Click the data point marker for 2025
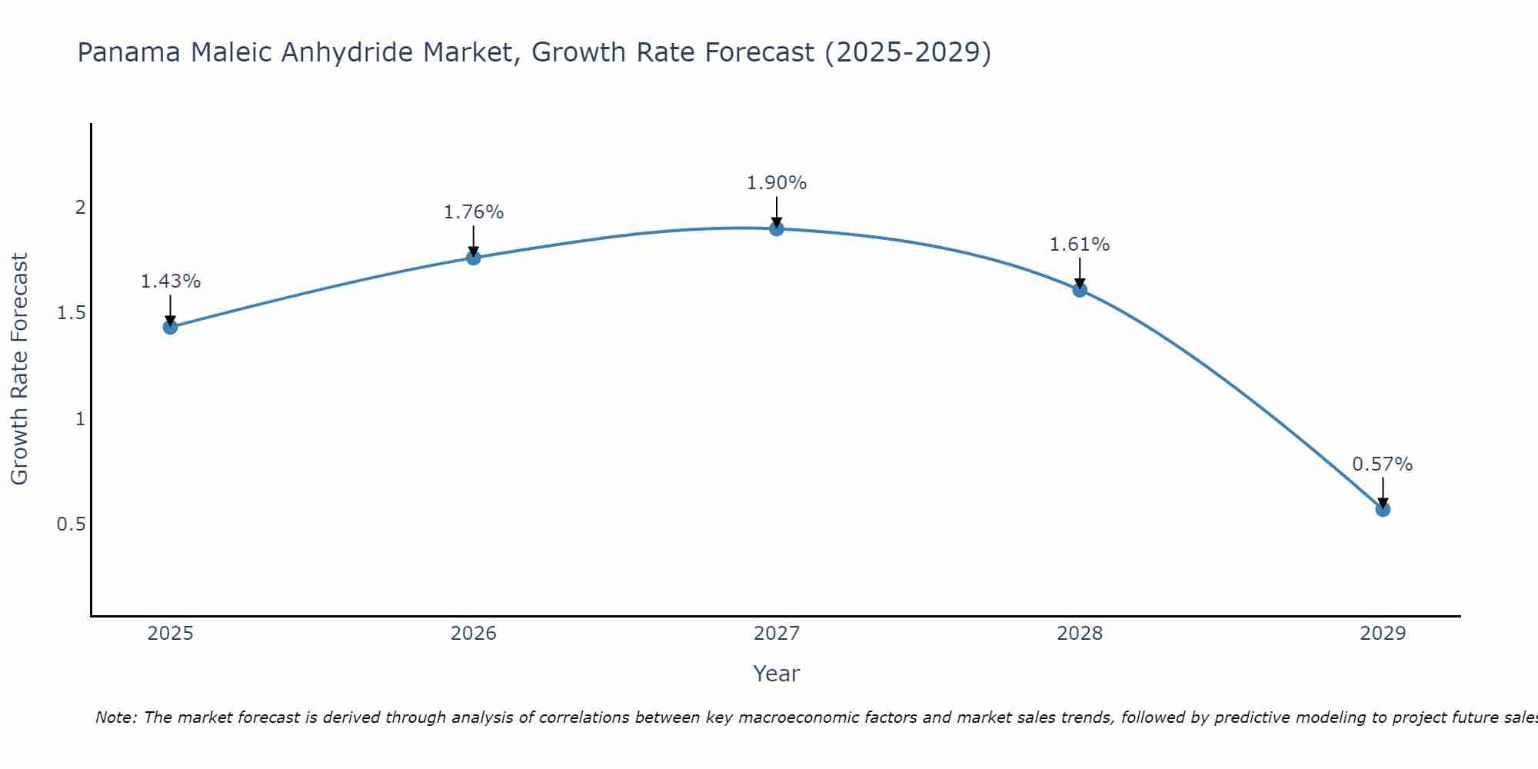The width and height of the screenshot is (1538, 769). tap(170, 327)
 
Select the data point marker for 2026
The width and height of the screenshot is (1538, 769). tap(474, 258)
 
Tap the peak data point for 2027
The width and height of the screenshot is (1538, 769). tap(777, 228)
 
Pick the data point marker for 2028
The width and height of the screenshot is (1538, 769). tap(1080, 290)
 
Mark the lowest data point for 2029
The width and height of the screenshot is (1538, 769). tap(1383, 509)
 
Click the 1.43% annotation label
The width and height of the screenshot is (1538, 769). tap(170, 281)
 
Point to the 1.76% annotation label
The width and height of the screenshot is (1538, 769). tap(474, 212)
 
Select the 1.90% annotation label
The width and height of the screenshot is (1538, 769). tap(777, 183)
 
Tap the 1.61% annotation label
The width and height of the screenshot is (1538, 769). tap(1080, 245)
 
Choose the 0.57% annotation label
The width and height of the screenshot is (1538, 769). tap(1383, 464)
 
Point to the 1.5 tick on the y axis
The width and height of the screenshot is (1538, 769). tap(71, 313)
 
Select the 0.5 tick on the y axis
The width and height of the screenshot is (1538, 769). tap(71, 524)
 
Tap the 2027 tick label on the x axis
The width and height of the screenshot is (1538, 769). tap(777, 634)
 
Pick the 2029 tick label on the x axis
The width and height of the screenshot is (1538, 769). tap(1383, 634)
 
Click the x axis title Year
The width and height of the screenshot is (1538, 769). tap(777, 674)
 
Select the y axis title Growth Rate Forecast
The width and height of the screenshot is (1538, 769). tap(19, 369)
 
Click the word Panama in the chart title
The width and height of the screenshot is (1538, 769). tap(129, 52)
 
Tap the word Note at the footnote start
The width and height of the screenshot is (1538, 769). tap(115, 717)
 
